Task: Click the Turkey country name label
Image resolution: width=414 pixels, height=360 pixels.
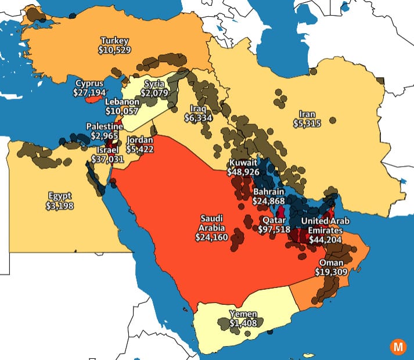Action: pyautogui.click(x=114, y=41)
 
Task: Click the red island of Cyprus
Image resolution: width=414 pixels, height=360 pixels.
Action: pyautogui.click(x=93, y=100)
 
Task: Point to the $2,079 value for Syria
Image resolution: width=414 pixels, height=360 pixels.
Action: pyautogui.click(x=154, y=93)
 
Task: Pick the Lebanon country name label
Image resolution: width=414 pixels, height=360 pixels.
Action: pyautogui.click(x=122, y=102)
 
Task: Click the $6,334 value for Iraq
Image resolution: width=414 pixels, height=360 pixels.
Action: pyautogui.click(x=198, y=118)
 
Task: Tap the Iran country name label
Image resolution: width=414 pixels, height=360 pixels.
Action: pyautogui.click(x=307, y=114)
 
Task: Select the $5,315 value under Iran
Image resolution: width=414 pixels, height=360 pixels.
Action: pyautogui.click(x=307, y=124)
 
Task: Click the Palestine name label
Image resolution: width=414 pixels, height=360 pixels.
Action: pyautogui.click(x=105, y=127)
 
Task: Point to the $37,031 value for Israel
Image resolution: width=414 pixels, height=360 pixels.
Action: pyautogui.click(x=110, y=159)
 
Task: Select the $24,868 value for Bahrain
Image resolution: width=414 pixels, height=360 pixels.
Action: pyautogui.click(x=268, y=200)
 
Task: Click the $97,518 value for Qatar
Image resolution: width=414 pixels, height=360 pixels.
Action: pyautogui.click(x=275, y=229)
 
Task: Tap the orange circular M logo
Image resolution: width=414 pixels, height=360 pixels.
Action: pyautogui.click(x=398, y=346)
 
